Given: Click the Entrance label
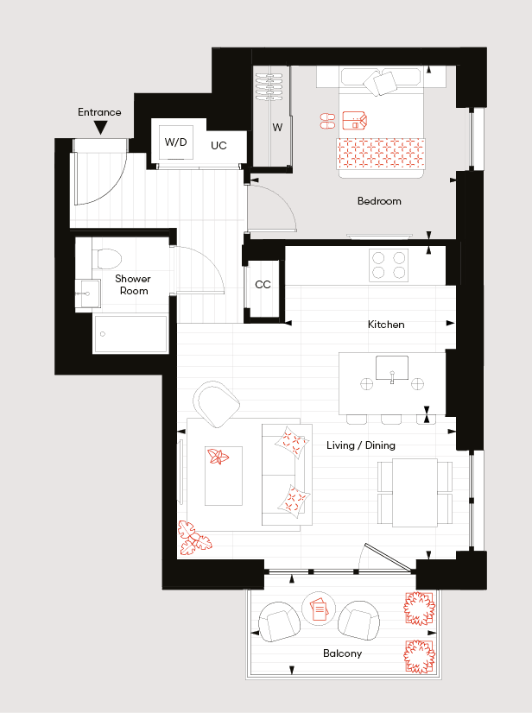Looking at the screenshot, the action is click(99, 112).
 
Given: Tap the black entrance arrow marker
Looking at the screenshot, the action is click(100, 128).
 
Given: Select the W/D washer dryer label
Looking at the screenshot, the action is click(175, 142).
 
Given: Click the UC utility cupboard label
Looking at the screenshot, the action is click(218, 146).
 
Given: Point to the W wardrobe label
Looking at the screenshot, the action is click(277, 128).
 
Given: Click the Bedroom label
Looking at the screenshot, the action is click(379, 201).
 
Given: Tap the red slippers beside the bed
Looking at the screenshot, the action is click(327, 121).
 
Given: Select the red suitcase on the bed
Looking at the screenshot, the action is click(354, 121).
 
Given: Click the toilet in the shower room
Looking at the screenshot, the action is click(107, 258).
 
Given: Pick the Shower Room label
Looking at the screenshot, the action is click(133, 285).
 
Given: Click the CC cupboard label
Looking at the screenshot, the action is click(263, 285).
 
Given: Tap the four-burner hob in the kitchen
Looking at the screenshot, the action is click(389, 265).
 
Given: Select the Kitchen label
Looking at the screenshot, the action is click(386, 325).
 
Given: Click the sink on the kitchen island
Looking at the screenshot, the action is click(392, 369).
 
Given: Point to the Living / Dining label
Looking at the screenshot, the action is click(361, 445).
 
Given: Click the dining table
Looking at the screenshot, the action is click(415, 493).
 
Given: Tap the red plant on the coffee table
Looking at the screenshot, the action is click(218, 456).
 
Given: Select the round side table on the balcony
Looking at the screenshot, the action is click(319, 609).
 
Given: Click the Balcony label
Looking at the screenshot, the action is click(342, 653).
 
